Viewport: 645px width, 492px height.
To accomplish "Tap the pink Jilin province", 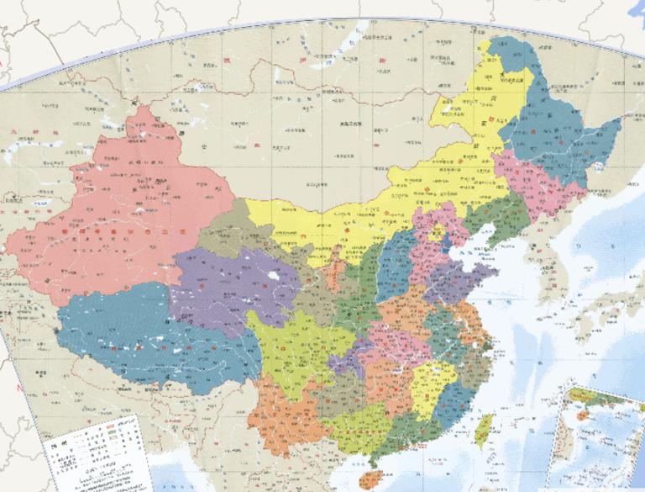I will click(x=529, y=181).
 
